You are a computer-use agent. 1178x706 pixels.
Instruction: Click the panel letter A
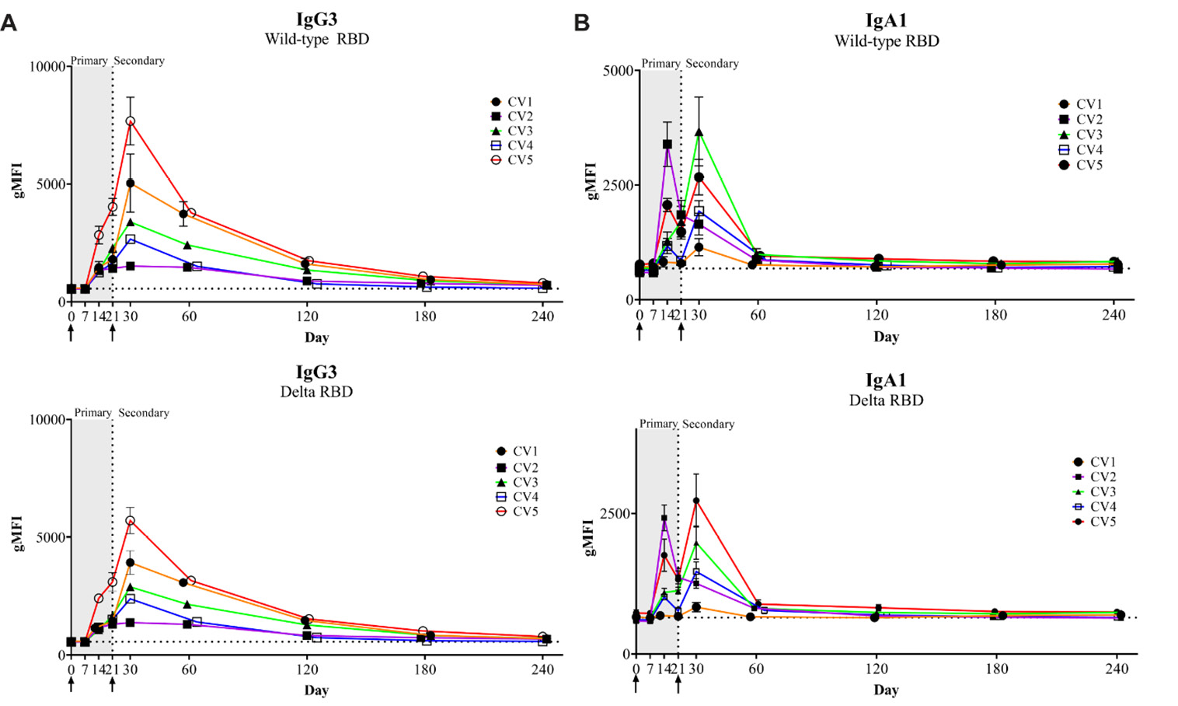[x=9, y=23]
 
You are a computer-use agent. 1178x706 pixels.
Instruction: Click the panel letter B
[x=581, y=23]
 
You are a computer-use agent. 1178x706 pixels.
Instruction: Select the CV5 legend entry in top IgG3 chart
[x=513, y=160]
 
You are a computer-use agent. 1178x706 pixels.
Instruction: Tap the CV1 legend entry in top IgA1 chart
[x=1081, y=104]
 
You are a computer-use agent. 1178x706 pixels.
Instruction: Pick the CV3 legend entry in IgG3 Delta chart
[x=518, y=482]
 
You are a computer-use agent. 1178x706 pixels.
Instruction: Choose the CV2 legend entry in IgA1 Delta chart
[x=1095, y=477]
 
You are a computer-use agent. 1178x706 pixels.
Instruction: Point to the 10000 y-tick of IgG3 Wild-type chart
[x=47, y=67]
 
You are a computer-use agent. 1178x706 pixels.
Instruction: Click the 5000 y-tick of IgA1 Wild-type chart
[x=618, y=71]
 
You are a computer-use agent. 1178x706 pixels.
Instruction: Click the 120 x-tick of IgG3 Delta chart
[x=307, y=669]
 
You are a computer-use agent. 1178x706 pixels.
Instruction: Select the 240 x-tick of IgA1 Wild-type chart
[x=1114, y=315]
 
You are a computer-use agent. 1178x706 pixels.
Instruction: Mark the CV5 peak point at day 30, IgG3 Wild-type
[x=131, y=121]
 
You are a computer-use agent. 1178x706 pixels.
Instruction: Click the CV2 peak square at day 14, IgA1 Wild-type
[x=667, y=144]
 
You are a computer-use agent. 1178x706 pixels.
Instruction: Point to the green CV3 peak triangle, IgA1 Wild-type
[x=699, y=133]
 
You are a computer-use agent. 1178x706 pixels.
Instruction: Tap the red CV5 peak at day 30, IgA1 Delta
[x=696, y=501]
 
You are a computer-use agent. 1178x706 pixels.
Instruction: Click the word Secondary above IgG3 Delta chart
[x=143, y=413]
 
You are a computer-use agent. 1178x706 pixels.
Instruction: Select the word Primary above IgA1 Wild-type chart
[x=660, y=64]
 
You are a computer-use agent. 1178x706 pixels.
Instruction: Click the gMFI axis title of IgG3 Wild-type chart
[x=18, y=180]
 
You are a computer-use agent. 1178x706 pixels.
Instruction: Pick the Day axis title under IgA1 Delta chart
[x=886, y=690]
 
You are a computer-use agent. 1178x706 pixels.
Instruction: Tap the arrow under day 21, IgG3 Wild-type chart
[x=113, y=333]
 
